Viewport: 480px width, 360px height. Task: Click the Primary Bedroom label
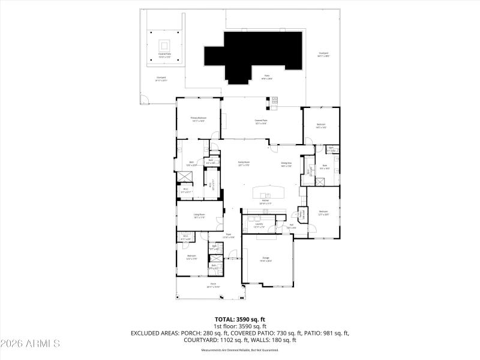coord(199,119)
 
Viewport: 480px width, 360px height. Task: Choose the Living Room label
coord(199,215)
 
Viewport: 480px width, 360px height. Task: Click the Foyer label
coord(228,235)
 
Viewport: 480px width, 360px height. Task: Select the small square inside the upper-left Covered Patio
coord(164,45)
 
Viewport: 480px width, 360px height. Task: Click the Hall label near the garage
coord(291,226)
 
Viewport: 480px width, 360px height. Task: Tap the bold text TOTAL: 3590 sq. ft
coord(240,319)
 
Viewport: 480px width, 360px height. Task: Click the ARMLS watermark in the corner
coord(30,344)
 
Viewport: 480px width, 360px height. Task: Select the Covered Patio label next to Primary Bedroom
coord(261,121)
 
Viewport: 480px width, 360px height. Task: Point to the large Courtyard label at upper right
coord(323,54)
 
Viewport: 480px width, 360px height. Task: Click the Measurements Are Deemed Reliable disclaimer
coord(240,350)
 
